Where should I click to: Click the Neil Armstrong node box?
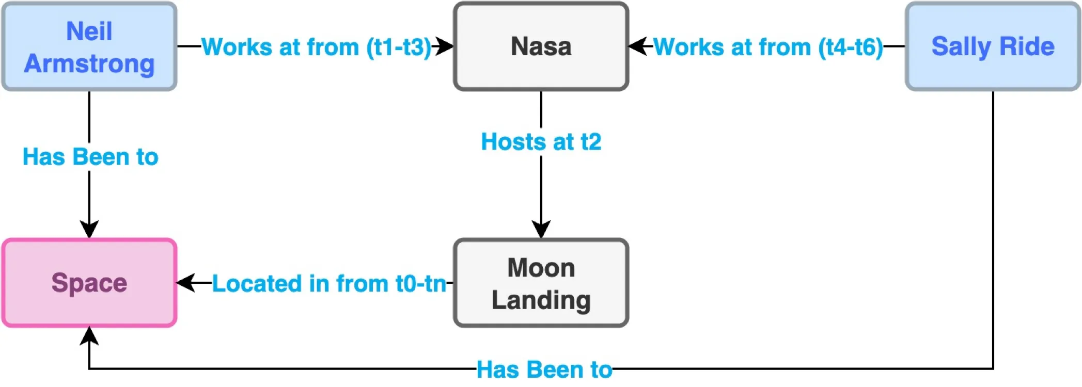[x=89, y=46]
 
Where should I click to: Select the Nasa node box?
[x=541, y=46]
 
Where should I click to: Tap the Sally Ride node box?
[x=993, y=46]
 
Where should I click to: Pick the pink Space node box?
[x=89, y=283]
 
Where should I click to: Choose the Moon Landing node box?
[x=541, y=283]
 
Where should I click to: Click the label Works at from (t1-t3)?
[x=316, y=47]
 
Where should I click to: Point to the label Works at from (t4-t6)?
[x=768, y=47]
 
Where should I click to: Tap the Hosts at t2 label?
[x=541, y=142]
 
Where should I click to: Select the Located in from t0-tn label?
[x=329, y=283]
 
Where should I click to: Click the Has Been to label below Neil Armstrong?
[x=90, y=157]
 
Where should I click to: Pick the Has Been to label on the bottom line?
[x=544, y=369]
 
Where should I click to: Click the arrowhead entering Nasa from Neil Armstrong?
[x=445, y=46]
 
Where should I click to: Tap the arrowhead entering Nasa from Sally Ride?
[x=637, y=46]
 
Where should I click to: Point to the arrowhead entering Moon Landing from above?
[x=541, y=229]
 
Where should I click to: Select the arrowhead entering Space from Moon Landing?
[x=186, y=283]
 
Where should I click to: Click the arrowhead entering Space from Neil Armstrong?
[x=89, y=229]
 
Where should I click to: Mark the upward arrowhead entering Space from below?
[x=89, y=336]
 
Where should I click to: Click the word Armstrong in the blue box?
[x=89, y=63]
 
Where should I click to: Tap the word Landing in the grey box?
[x=541, y=300]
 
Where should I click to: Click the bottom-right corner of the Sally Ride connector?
[x=993, y=368]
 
